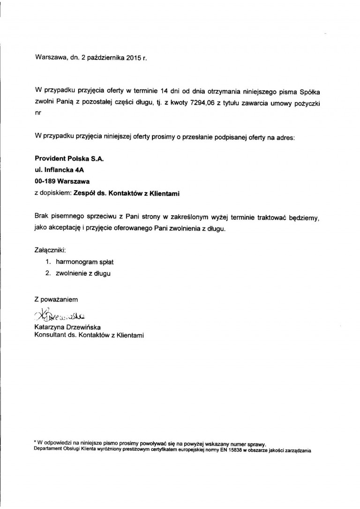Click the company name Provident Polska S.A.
point(69,159)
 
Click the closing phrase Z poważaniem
point(56,299)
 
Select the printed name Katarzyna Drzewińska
point(67,327)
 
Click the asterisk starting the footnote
point(36,443)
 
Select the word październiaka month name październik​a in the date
point(99,59)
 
